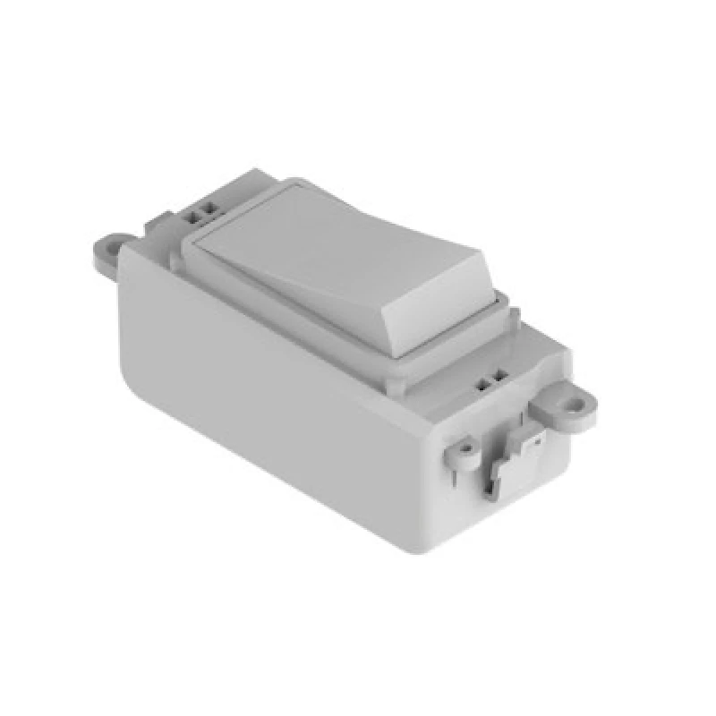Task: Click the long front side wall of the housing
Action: (x=268, y=394)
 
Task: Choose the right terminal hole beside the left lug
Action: (x=212, y=210)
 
